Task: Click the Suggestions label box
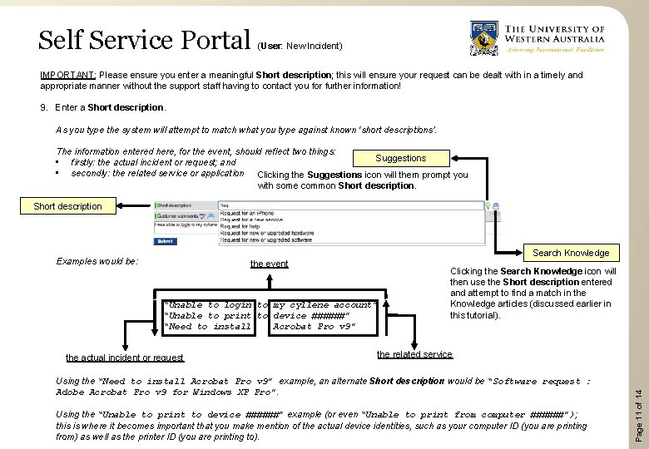[x=400, y=158]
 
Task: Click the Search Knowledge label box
[x=570, y=253]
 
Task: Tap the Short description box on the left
[x=67, y=206]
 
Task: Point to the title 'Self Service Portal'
[x=144, y=39]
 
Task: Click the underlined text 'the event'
[x=269, y=264]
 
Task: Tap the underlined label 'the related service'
[x=414, y=354]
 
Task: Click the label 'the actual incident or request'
[x=125, y=358]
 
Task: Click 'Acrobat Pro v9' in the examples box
[x=314, y=327]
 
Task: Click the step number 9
[x=43, y=107]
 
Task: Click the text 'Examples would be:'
[x=97, y=261]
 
